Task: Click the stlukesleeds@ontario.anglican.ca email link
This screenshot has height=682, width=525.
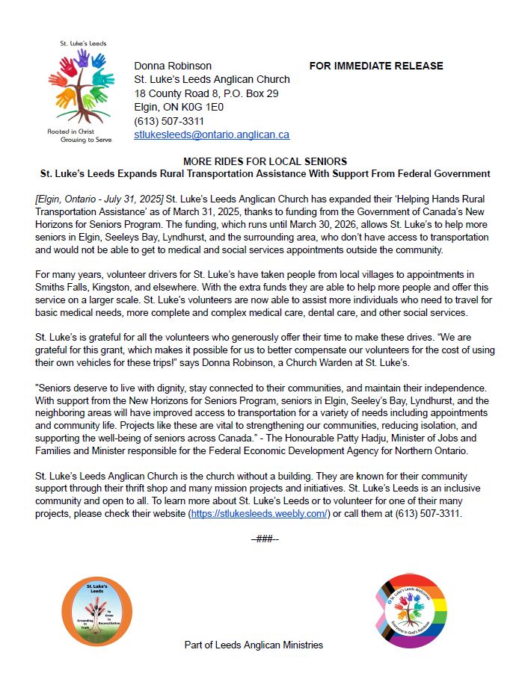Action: tap(212, 135)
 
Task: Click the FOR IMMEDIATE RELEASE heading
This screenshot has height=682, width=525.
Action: tap(376, 66)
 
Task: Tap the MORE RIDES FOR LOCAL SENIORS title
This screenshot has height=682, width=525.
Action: tap(265, 162)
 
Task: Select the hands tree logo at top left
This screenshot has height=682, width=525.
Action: tap(81, 84)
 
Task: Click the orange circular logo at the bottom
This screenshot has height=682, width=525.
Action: tap(97, 612)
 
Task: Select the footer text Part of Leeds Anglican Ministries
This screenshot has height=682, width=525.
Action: tap(254, 645)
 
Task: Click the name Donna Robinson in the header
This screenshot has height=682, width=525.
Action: tap(173, 66)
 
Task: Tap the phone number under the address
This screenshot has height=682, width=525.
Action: tap(169, 121)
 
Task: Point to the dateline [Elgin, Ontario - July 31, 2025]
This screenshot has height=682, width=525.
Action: tap(99, 200)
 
